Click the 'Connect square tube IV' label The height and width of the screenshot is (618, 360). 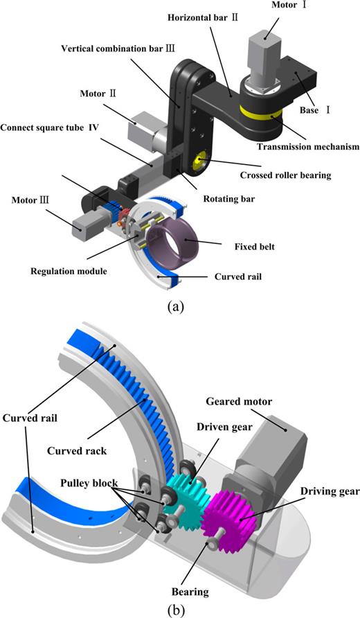(49, 128)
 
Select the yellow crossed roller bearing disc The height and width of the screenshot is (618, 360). (201, 161)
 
